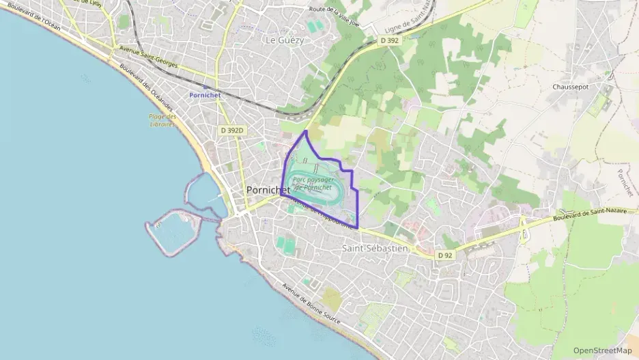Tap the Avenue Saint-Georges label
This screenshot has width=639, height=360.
pyautogui.click(x=148, y=58)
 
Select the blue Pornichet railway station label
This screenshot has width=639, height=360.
pyautogui.click(x=204, y=96)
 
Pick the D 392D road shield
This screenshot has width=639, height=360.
pyautogui.click(x=232, y=129)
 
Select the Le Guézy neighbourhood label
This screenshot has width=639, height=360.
pyautogui.click(x=285, y=40)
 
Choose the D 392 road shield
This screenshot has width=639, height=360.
pyautogui.click(x=389, y=41)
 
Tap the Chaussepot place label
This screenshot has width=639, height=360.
pyautogui.click(x=571, y=87)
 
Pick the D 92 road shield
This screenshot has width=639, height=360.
pyautogui.click(x=445, y=255)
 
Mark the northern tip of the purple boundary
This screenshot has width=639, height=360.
pyautogui.click(x=305, y=130)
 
